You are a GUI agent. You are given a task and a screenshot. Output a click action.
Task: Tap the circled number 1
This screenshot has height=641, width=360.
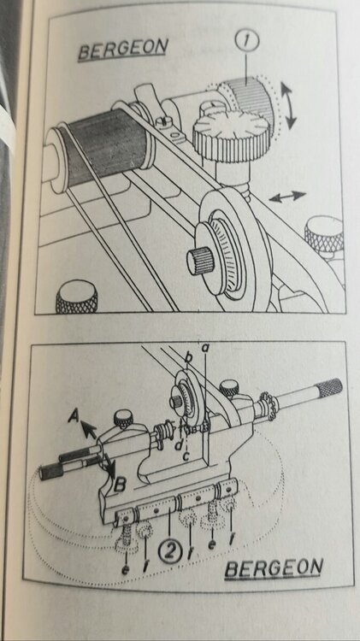(246, 40)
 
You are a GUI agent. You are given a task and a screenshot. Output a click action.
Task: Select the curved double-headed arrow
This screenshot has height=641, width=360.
(289, 105)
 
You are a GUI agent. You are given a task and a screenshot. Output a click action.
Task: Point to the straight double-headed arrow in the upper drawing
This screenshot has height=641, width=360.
(287, 197)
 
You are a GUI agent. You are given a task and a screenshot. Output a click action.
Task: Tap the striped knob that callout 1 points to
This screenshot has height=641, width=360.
(246, 99)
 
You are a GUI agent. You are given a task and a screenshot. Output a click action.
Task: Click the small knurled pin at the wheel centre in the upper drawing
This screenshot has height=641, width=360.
(199, 260)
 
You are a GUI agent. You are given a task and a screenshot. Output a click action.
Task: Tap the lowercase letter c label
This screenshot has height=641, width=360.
(186, 456)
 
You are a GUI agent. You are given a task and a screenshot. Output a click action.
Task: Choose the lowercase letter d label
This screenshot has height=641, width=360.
(179, 444)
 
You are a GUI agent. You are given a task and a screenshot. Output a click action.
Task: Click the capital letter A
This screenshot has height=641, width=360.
(74, 416)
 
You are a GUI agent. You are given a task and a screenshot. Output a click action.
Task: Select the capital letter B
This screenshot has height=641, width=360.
(120, 486)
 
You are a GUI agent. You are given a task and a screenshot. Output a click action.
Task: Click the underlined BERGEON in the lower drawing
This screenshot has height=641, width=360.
(274, 567)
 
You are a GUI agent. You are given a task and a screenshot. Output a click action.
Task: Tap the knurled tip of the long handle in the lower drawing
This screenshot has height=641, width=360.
(330, 387)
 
